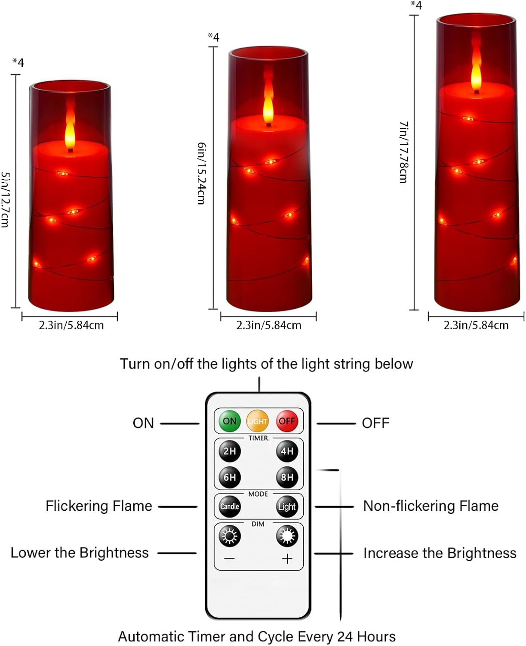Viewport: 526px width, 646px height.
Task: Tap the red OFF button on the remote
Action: (287, 421)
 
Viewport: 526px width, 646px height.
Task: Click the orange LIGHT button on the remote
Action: (258, 421)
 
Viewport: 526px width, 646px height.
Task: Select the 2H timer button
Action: (230, 451)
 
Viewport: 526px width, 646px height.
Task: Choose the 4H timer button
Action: (287, 451)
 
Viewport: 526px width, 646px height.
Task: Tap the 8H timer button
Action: (287, 477)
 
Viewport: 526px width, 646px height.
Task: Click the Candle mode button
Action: (230, 506)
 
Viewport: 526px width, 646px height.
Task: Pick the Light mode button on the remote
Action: (287, 506)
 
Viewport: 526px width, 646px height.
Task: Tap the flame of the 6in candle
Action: (268, 106)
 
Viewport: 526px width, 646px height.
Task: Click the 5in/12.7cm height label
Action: (5, 199)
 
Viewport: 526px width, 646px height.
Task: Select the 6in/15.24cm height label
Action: (201, 173)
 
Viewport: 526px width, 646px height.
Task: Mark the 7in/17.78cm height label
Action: (403, 152)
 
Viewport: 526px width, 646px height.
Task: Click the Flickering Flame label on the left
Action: (99, 506)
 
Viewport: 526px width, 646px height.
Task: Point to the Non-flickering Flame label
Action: (431, 506)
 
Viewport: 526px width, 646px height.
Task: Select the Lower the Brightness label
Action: (80, 553)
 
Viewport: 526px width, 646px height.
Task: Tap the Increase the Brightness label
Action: (440, 553)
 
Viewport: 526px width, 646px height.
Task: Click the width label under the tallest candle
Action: (476, 325)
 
